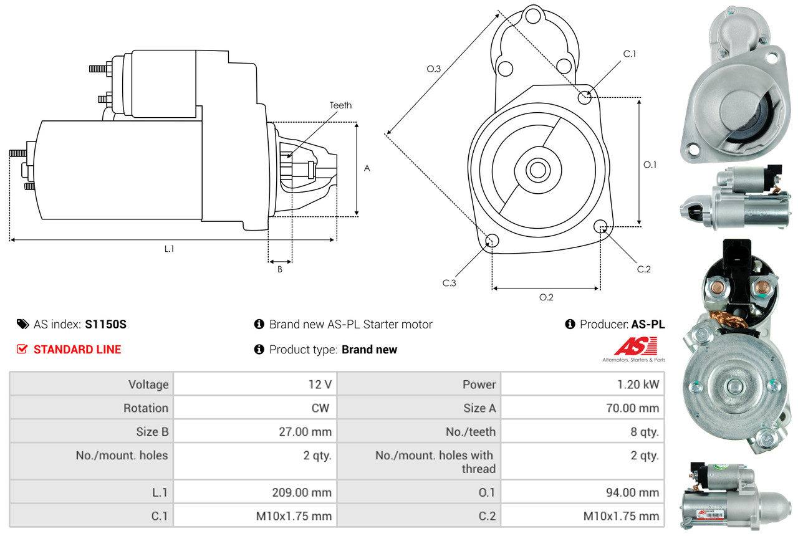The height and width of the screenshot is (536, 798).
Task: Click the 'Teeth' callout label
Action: pyautogui.click(x=340, y=105)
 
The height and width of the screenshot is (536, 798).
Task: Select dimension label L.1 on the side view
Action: pyautogui.click(x=169, y=249)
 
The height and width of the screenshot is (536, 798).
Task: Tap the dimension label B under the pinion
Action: pyautogui.click(x=280, y=269)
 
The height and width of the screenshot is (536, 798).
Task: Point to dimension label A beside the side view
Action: pyautogui.click(x=367, y=168)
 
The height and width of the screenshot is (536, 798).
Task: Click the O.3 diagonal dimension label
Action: pyautogui.click(x=434, y=69)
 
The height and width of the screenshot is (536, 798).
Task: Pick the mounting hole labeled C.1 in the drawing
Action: pyautogui.click(x=585, y=97)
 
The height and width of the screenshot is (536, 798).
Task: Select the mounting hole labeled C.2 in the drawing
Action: pyautogui.click(x=601, y=226)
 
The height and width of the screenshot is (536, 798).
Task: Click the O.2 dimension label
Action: pyautogui.click(x=546, y=297)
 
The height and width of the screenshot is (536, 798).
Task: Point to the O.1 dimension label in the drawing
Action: pyautogui.click(x=650, y=165)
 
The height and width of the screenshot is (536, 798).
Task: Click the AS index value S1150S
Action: pyautogui.click(x=106, y=324)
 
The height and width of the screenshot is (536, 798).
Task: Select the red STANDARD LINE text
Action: pyautogui.click(x=77, y=350)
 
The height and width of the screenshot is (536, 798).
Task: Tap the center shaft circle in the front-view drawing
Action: pyautogui.click(x=536, y=169)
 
